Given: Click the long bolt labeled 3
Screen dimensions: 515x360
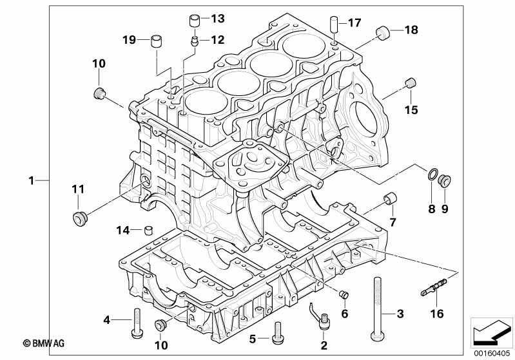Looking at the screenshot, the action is [377, 309].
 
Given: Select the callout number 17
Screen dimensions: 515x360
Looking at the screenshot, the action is [355, 23].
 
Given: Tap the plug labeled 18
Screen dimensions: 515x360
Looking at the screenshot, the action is [382, 32].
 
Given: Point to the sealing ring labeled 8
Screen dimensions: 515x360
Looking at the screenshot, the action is [432, 174].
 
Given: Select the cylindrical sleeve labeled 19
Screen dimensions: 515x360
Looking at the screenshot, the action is [157, 41].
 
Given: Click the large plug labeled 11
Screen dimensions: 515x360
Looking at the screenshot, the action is [79, 219].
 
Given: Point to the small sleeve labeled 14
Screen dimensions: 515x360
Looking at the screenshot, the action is [149, 230].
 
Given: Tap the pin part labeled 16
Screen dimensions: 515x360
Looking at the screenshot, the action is [434, 287].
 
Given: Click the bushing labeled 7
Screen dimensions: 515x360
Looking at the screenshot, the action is [390, 198].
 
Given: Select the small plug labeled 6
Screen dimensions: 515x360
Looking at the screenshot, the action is [344, 294].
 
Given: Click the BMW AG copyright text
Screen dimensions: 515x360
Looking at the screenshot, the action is [43, 343].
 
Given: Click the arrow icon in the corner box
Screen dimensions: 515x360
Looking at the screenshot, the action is [491, 332].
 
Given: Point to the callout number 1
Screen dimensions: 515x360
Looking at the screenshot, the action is [32, 180].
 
